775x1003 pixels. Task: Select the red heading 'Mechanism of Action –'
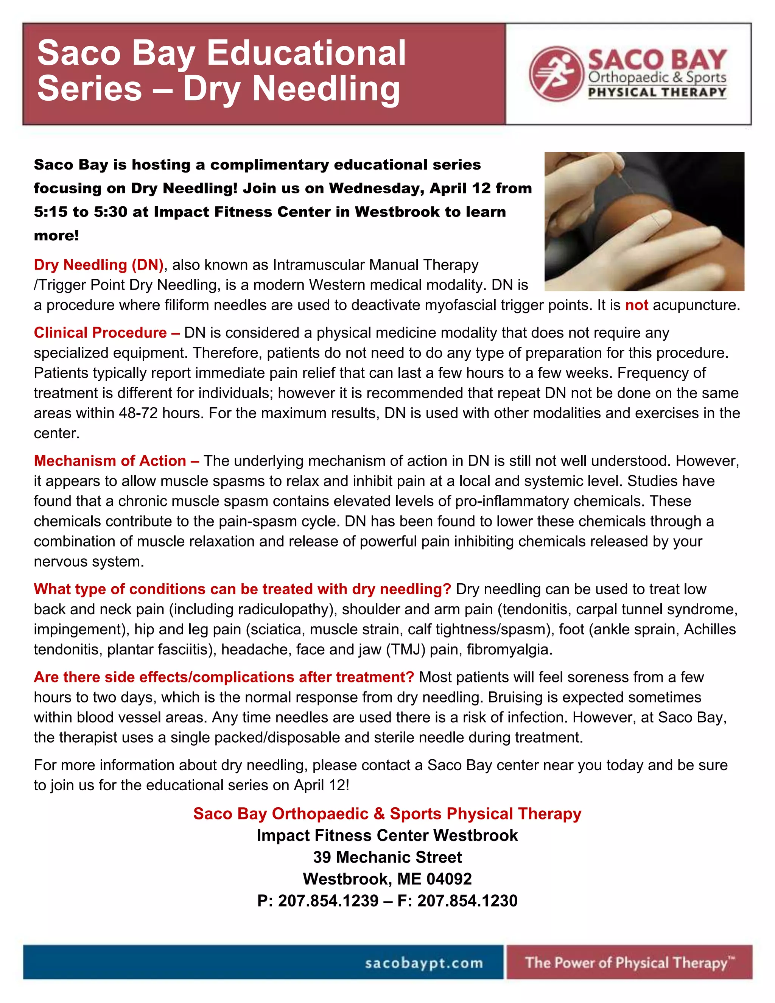[116, 461]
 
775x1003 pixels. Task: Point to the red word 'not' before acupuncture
[636, 305]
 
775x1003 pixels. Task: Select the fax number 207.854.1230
[467, 900]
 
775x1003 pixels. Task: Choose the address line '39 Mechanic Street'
[387, 857]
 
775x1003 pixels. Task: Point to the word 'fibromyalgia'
[509, 649]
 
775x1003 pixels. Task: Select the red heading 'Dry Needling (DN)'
[99, 265]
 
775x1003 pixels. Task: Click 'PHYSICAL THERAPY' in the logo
[657, 92]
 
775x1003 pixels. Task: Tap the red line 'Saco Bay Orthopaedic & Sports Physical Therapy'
[387, 813]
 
